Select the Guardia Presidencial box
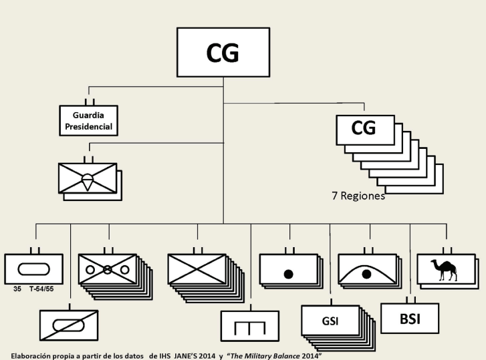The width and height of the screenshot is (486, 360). [x=88, y=121]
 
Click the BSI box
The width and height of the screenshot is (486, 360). [x=409, y=318]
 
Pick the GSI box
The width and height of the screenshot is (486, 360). [x=330, y=321]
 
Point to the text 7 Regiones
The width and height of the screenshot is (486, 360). [x=358, y=196]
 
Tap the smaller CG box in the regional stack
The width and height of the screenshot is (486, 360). [x=364, y=129]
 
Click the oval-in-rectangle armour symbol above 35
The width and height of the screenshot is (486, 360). [x=33, y=269]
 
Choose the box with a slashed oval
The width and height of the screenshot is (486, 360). [x=70, y=326]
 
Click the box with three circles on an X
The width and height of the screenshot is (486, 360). [x=107, y=270]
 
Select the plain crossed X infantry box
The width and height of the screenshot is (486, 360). [x=197, y=271]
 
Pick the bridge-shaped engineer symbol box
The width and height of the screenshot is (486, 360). [x=249, y=327]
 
